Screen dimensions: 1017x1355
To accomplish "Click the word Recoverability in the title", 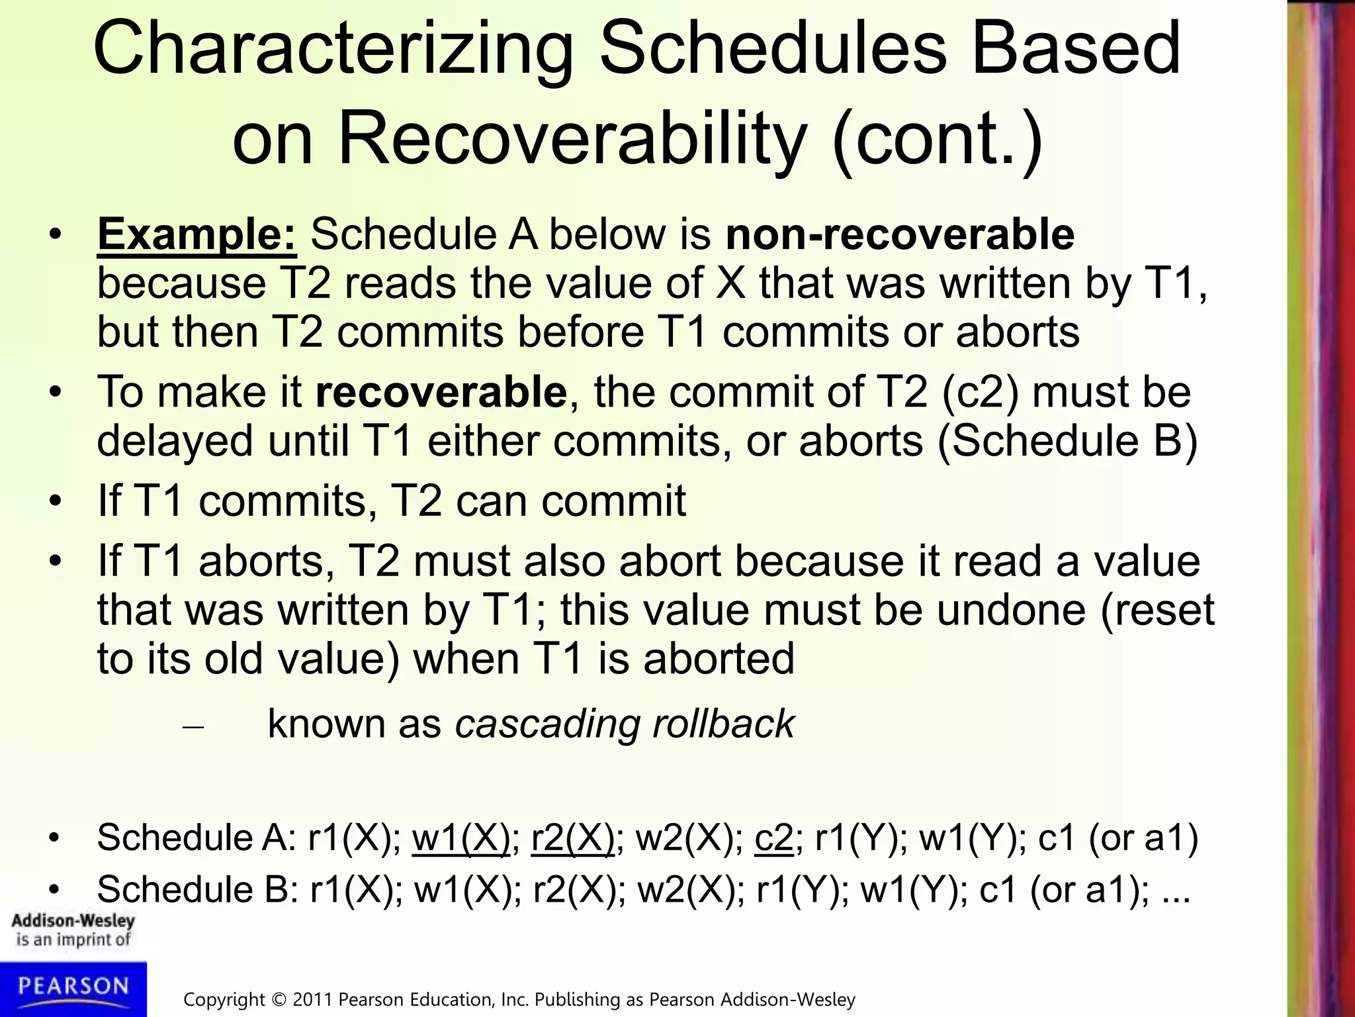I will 572,140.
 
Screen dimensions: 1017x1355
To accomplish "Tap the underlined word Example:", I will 197,234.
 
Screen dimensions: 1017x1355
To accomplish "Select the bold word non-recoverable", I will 900,234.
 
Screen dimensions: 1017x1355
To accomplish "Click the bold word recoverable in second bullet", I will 441,392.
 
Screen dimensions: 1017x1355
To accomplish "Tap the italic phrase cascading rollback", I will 625,723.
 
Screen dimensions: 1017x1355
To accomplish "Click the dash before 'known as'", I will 193,727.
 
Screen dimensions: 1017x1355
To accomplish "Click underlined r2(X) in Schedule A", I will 573,838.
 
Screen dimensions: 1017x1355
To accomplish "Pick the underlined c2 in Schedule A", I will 773,838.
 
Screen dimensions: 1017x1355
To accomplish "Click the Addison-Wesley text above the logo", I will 73,921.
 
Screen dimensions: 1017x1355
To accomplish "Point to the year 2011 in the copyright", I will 313,999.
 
